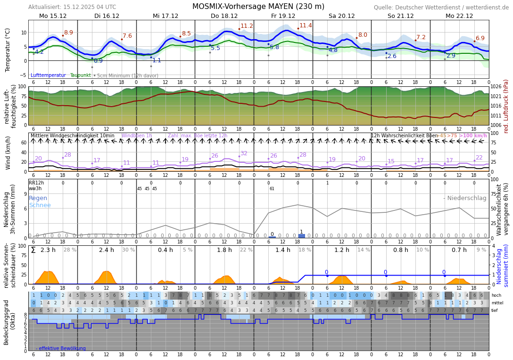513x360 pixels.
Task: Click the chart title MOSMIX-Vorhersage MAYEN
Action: click(258, 7)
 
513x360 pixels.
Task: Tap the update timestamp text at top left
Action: click(72, 7)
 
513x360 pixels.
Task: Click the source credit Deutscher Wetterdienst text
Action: click(441, 8)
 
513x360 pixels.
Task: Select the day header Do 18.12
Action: click(224, 16)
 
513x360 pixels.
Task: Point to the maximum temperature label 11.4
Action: click(306, 25)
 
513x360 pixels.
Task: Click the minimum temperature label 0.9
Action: click(98, 61)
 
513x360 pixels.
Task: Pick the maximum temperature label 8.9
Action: click(68, 33)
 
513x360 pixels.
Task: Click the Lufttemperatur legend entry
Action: click(48, 75)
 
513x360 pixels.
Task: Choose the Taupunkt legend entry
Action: click(80, 75)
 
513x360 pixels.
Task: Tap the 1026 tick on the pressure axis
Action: click(496, 86)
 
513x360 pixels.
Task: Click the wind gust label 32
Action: click(244, 153)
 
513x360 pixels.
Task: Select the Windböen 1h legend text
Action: click(136, 136)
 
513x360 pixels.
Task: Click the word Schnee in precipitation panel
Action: click(40, 205)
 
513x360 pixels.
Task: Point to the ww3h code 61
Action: click(272, 189)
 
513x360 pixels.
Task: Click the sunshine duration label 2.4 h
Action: click(106, 250)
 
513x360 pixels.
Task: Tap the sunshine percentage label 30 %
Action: click(128, 250)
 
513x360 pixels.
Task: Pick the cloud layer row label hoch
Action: click(496, 295)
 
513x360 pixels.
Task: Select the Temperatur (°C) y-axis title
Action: click(8, 50)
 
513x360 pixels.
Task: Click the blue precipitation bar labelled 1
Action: click(301, 235)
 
